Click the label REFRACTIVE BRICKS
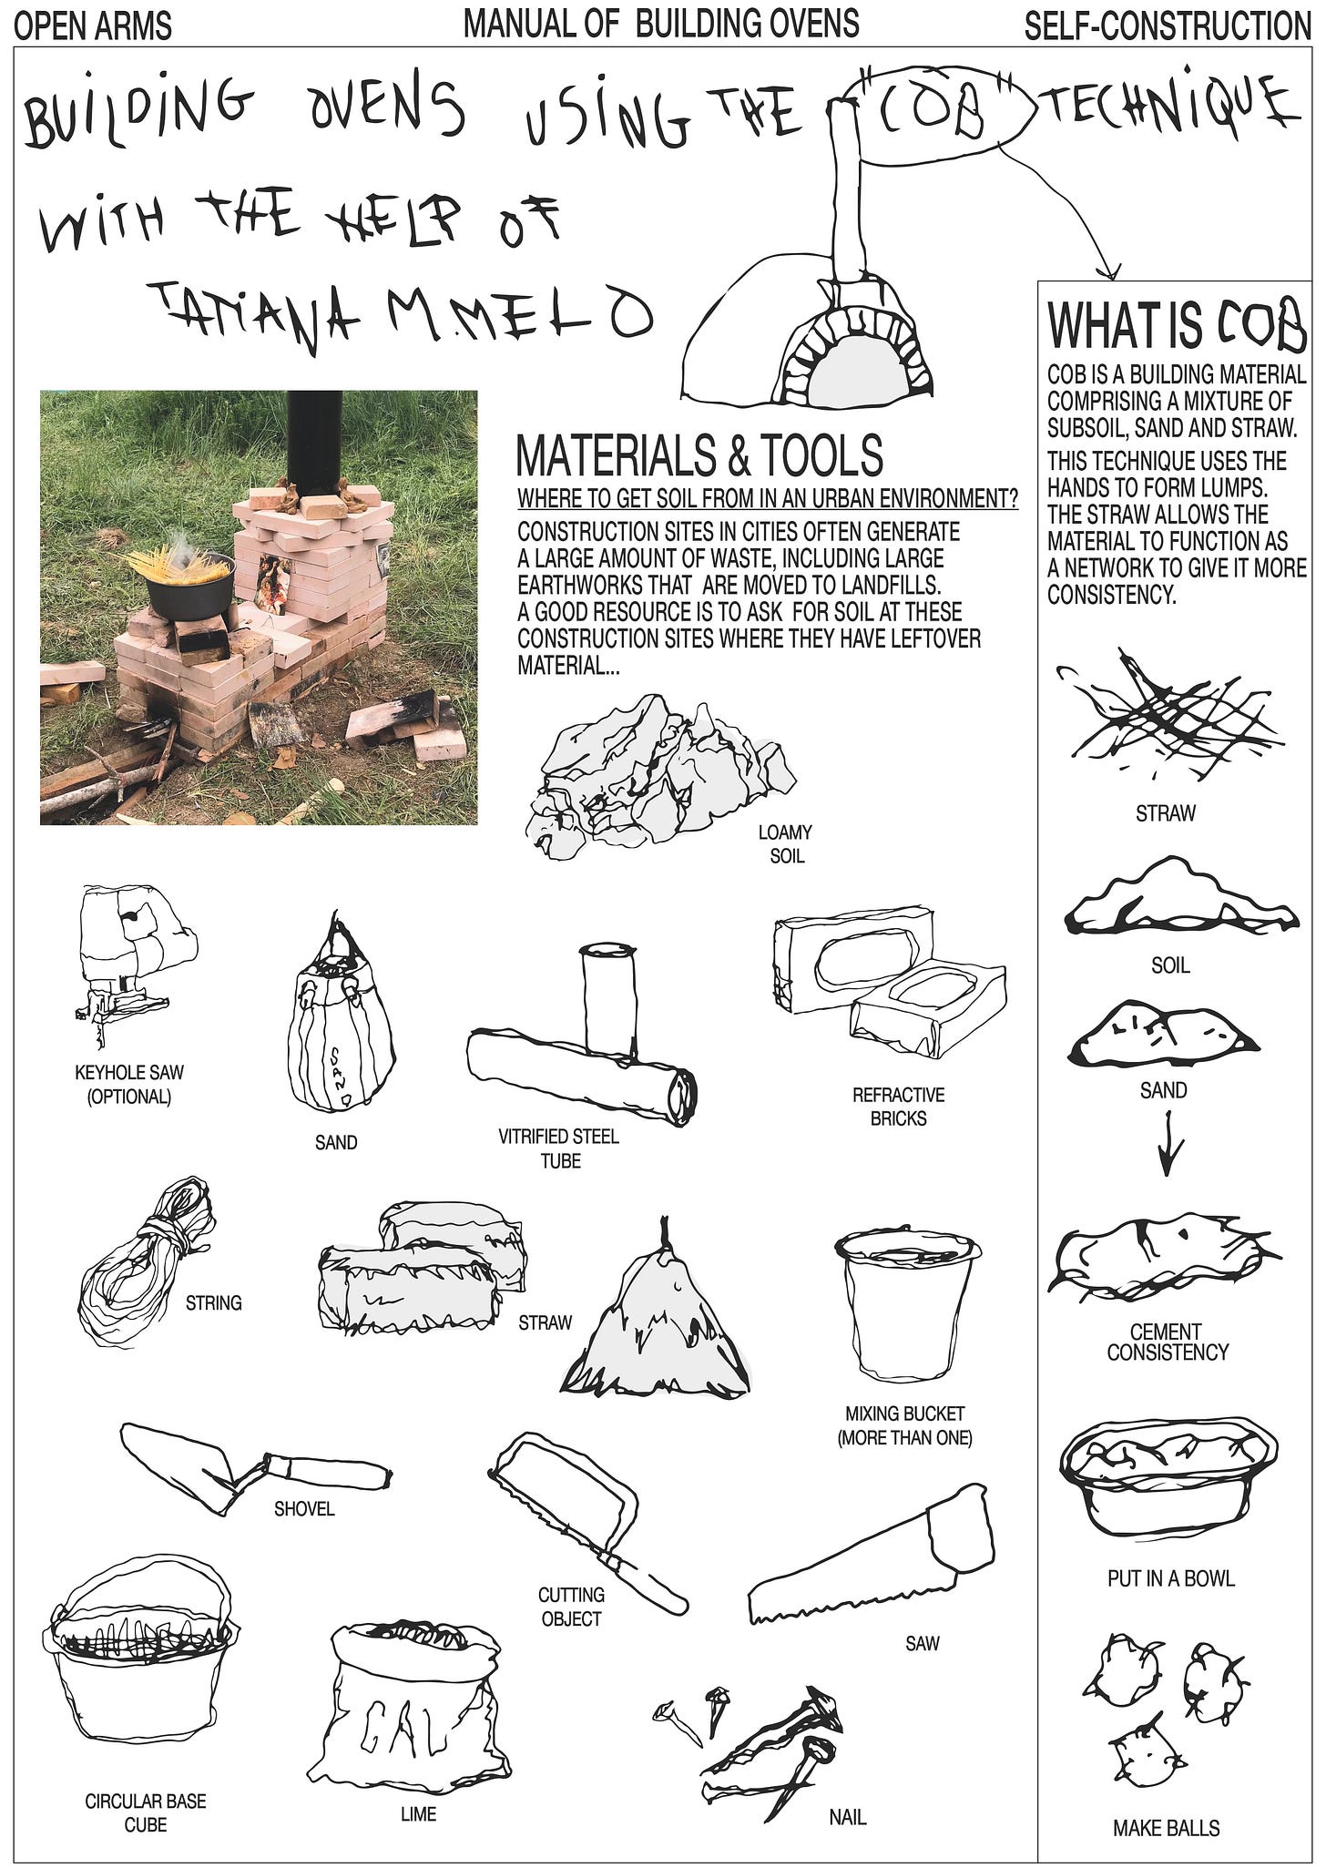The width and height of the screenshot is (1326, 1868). pyautogui.click(x=898, y=1107)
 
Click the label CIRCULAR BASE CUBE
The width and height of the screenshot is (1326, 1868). pyautogui.click(x=146, y=1812)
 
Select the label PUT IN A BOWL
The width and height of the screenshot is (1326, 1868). pyautogui.click(x=1171, y=1578)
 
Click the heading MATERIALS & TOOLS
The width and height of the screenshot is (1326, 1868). pyautogui.click(x=699, y=454)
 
